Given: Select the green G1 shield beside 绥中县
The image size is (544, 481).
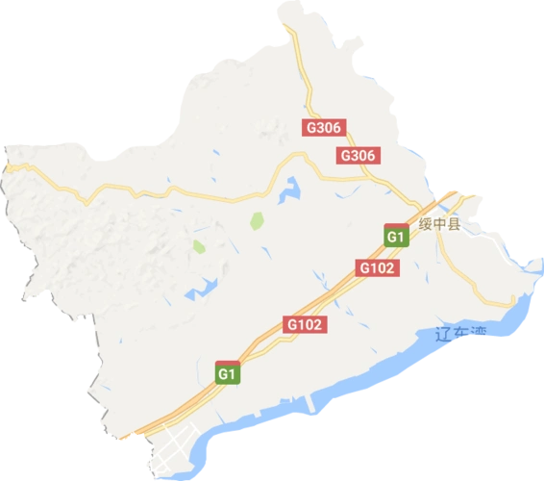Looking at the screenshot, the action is tap(394, 236).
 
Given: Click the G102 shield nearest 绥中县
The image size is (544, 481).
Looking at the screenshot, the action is tap(377, 269).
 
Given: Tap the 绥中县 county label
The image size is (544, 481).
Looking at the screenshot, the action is tap(440, 225).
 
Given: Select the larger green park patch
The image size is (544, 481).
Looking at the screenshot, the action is tap(257, 221).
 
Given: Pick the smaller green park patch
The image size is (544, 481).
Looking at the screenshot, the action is tap(199, 247).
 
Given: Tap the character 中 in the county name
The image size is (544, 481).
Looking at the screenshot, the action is tap(440, 225).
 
